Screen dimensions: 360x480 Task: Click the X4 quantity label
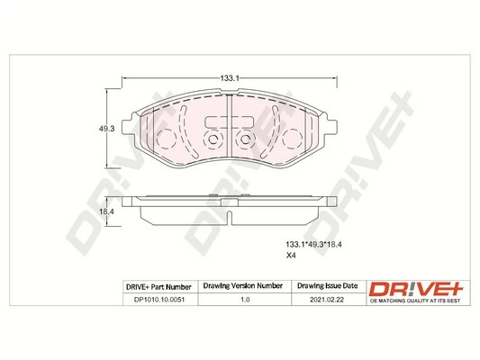[292, 257]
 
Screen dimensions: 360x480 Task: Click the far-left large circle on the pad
[166, 141]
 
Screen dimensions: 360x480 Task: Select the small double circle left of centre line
[213, 141]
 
